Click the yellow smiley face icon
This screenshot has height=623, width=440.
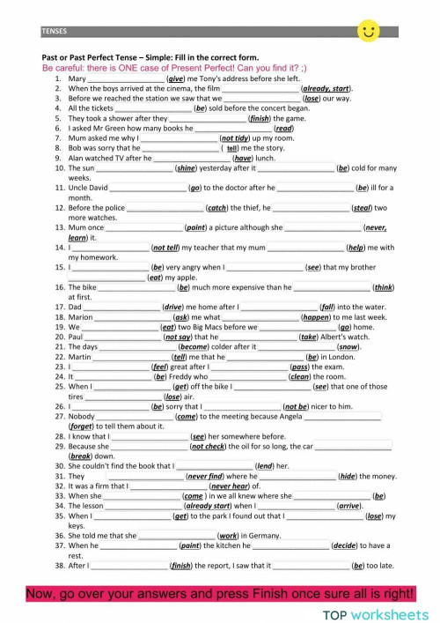pos(369,32)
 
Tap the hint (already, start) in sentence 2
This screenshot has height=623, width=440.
pos(326,88)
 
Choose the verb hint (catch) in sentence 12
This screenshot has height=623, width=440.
pos(216,208)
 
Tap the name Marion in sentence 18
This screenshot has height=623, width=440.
pos(80,316)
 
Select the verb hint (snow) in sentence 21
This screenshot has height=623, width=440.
pos(348,346)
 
